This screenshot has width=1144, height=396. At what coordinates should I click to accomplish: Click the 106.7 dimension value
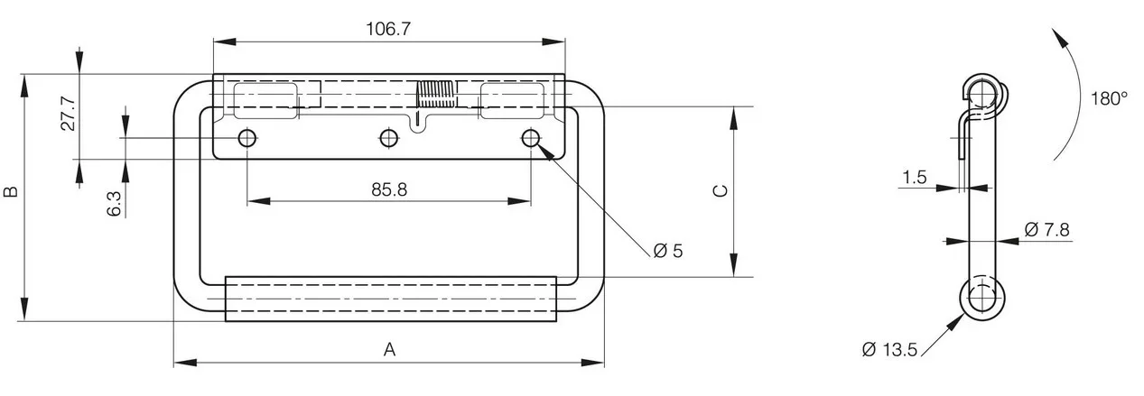point(388,29)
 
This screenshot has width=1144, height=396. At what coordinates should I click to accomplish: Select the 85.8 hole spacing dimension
point(389,189)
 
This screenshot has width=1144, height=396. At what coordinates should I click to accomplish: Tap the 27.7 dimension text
point(69,114)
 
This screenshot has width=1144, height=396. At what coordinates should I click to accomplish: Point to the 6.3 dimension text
point(115,204)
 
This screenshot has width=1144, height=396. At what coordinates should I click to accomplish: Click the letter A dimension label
point(390,350)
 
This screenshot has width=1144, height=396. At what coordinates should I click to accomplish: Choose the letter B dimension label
point(11,191)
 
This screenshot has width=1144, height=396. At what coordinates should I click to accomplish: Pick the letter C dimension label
point(721,191)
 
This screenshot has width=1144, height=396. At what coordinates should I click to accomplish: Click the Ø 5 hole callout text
point(668,251)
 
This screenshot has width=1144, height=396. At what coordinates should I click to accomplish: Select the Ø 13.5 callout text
point(889,350)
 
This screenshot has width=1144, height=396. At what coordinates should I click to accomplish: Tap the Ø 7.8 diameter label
point(1046,230)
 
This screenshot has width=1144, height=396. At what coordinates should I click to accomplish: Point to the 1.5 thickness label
point(914,177)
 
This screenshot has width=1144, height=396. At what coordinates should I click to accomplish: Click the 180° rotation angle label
point(1109,98)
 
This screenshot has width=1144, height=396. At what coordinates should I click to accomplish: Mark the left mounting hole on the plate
point(247,138)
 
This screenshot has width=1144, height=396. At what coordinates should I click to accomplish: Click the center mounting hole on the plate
point(389,138)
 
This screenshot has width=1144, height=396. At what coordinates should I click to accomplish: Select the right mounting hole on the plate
point(531,138)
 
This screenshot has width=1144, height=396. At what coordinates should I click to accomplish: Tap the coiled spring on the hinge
point(436,95)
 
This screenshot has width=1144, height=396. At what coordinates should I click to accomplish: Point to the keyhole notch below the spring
point(419,123)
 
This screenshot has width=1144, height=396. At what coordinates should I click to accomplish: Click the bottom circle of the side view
point(982,298)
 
